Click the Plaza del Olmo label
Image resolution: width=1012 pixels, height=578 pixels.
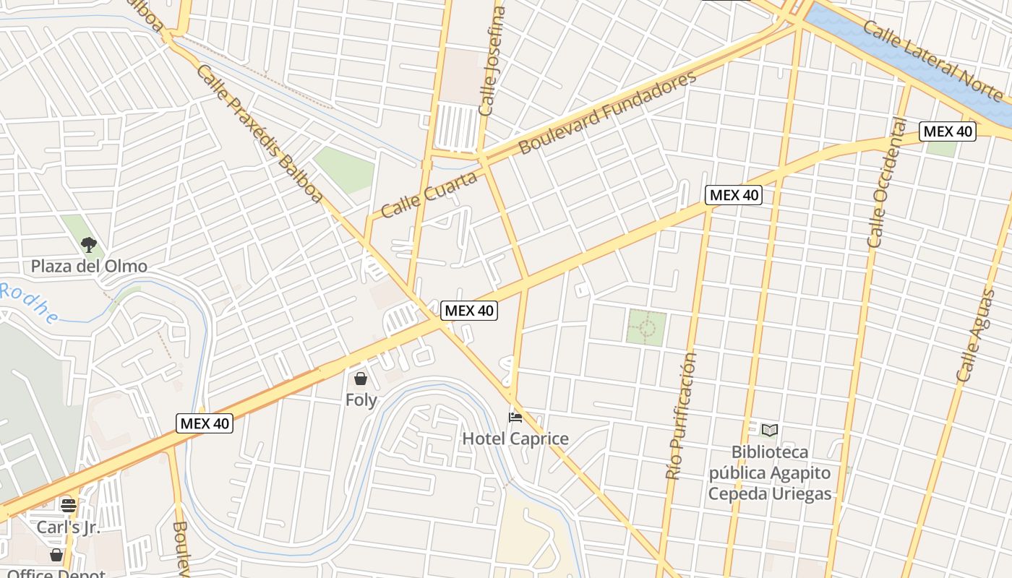(89, 267)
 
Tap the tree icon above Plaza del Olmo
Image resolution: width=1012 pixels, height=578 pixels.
(89, 245)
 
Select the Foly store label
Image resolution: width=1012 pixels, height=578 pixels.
(361, 400)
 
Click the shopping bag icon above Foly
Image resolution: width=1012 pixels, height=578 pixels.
(361, 379)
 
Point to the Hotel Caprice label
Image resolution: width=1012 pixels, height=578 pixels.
(515, 439)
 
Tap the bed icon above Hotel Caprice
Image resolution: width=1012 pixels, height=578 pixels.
(515, 418)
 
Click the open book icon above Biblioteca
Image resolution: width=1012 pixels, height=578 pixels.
(770, 431)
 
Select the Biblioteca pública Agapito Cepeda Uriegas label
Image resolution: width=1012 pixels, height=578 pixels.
(770, 473)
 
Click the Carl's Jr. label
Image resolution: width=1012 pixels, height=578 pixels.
(69, 527)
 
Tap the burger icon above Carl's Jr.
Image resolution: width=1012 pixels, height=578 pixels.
(69, 505)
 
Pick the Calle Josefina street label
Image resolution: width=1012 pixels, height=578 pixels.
(491, 61)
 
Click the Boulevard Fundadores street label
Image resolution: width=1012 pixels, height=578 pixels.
(607, 112)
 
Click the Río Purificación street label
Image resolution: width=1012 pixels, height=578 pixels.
(682, 415)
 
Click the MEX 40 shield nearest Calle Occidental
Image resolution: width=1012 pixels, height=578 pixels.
(947, 131)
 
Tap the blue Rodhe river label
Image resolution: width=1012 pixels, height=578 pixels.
(29, 303)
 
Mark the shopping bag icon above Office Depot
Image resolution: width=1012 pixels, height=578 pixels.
(56, 555)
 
